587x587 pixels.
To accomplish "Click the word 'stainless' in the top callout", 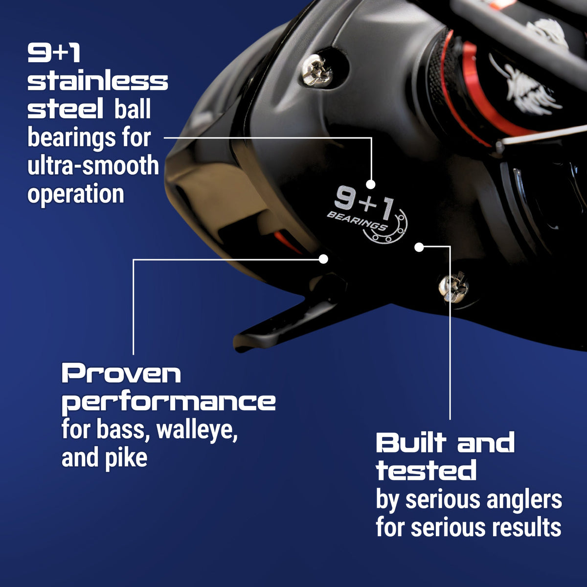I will (97, 81).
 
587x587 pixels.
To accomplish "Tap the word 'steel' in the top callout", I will (65, 110).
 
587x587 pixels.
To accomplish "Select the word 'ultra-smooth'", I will (93, 166).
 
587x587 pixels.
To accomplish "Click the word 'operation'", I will (76, 194).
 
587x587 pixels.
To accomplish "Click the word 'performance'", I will (169, 403).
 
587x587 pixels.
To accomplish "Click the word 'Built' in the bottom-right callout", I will (411, 443).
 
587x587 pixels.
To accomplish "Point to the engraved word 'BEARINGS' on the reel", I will (356, 222).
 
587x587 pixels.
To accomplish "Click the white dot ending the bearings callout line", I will (371, 184).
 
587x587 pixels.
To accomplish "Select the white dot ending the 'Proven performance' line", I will (323, 259).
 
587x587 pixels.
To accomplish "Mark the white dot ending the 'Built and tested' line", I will (419, 247).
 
